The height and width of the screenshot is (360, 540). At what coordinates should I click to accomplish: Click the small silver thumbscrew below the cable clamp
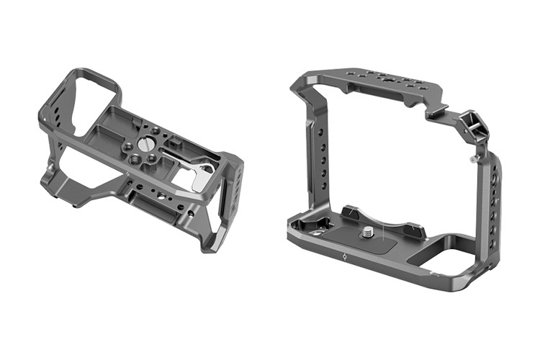pyautogui.click(x=472, y=156)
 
